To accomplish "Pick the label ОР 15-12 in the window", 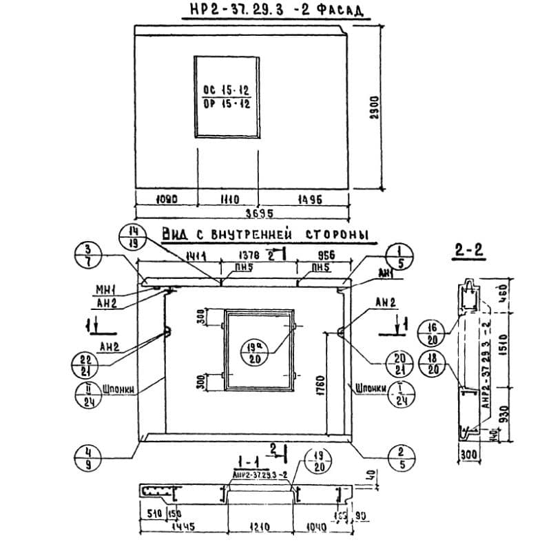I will point(227,105).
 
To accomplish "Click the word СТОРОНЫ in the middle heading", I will point(336,235).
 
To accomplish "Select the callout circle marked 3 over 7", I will point(87,256).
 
